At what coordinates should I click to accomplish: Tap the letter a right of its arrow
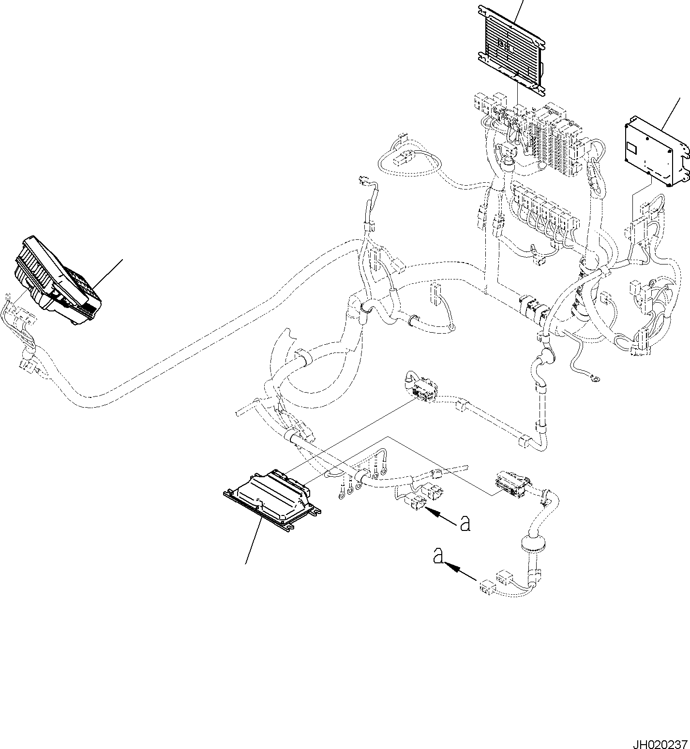(465, 523)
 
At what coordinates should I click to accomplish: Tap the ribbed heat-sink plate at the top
(511, 48)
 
